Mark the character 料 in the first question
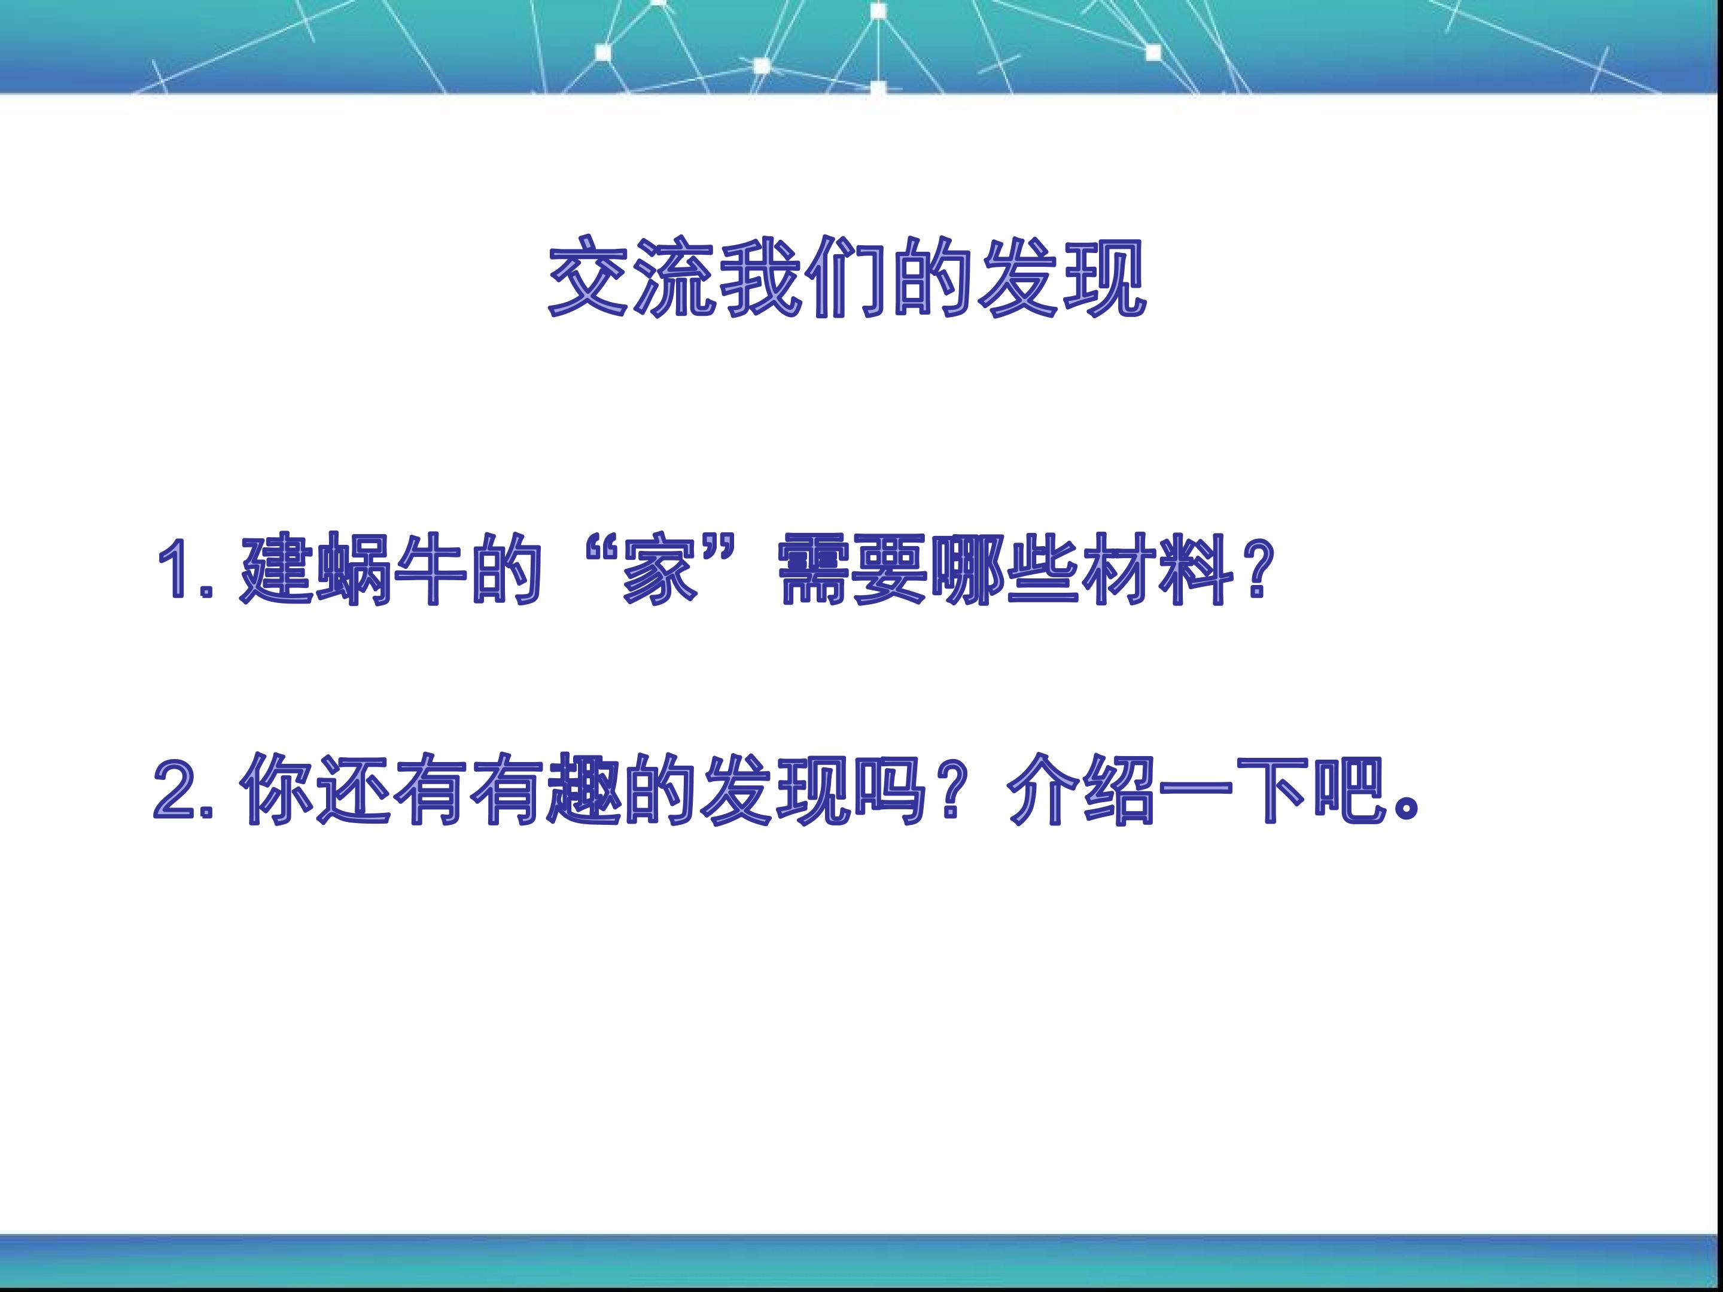click(1197, 568)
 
